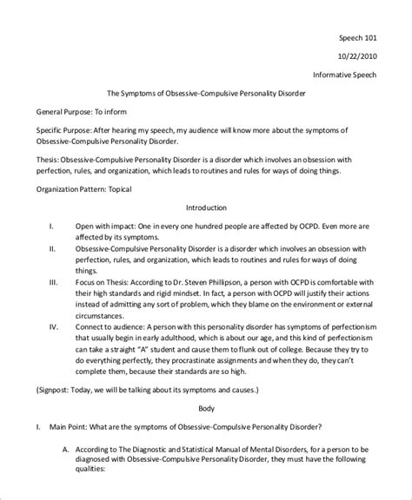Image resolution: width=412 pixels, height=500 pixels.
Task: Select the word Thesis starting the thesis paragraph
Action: point(49,160)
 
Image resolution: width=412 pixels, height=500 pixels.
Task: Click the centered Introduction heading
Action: point(206,207)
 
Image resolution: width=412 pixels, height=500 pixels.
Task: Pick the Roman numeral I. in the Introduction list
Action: point(50,226)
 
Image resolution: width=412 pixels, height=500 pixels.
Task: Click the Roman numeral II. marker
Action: point(52,247)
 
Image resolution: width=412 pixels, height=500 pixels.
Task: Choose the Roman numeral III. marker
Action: point(53,283)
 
